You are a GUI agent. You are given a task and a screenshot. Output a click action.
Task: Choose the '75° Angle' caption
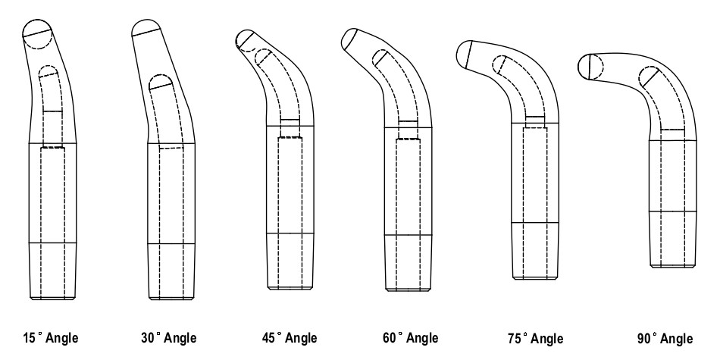[x=537, y=338]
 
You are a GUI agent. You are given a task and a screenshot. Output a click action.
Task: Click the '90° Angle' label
[x=665, y=338]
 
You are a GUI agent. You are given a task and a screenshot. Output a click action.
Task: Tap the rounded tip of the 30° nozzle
[x=146, y=28]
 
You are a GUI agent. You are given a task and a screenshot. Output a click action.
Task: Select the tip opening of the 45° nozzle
[x=246, y=41]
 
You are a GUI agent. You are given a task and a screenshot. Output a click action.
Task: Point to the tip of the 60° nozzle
[x=350, y=37]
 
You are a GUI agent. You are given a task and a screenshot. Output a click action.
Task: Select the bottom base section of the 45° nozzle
[x=292, y=261]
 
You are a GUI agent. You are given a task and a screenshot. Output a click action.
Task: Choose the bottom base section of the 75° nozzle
[x=537, y=251]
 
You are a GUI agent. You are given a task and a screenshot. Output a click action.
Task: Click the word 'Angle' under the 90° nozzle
[x=676, y=338]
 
